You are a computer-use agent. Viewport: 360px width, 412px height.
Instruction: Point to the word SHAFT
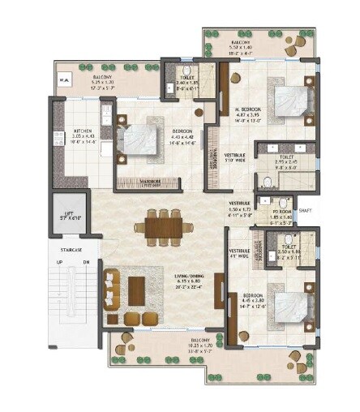pos(305,210)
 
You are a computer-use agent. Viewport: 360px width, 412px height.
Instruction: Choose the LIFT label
pos(68,215)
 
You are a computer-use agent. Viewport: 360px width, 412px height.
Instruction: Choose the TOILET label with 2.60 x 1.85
pos(188,83)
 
